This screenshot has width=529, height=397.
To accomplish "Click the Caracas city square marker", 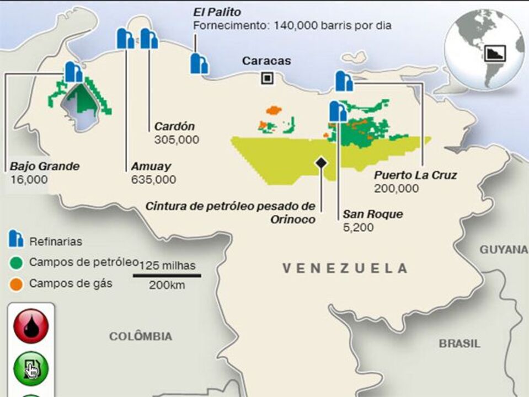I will pos(267,78).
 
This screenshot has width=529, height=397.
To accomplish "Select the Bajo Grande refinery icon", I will pos(73,72).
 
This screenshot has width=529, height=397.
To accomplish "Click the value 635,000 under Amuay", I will pos(153,180).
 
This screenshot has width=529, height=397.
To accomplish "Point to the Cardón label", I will pos(174,126).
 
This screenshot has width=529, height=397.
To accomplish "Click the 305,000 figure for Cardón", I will pos(177,140).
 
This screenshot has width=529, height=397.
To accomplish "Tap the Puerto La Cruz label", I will pos(415,175).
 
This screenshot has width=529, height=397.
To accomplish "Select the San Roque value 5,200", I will pos(357,227).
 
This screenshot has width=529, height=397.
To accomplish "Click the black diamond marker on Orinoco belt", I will pos(319,162).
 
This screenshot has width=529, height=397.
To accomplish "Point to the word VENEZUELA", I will pos(345,269).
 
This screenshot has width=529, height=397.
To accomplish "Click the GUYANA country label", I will pos(503,250).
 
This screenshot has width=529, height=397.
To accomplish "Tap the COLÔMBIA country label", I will pos(140,336).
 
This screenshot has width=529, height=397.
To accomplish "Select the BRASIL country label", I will pos(459,343).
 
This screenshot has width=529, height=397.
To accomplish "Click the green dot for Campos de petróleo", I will pos(16,262).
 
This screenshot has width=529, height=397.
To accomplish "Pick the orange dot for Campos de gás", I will pos(16,284).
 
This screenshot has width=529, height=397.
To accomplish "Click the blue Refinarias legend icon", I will pos(16,239).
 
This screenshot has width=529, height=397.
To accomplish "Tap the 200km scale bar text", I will pos(167,285).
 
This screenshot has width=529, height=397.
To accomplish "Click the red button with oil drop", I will pos(31,326).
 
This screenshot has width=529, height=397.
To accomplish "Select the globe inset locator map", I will pos(484,49).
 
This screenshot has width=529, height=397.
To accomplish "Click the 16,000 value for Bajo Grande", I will pos(29,180).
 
